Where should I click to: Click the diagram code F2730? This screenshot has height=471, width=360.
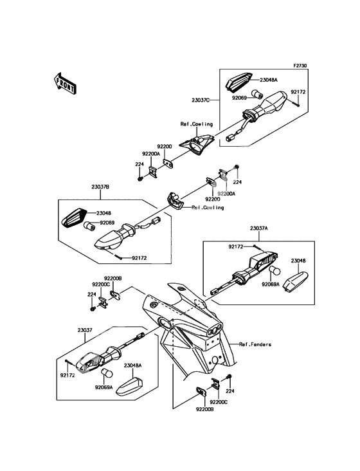pyautogui.click(x=300, y=65)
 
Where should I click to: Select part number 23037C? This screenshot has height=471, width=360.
pyautogui.click(x=201, y=100)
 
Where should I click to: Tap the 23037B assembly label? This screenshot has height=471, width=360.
pyautogui.click(x=100, y=187)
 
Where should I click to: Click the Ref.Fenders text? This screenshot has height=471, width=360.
pyautogui.click(x=255, y=344)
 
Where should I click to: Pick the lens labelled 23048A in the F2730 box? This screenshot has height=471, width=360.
pyautogui.click(x=239, y=81)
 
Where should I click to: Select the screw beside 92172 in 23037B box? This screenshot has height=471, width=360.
pyautogui.click(x=118, y=257)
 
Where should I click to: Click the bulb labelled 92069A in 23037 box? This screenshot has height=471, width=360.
pyautogui.click(x=107, y=373)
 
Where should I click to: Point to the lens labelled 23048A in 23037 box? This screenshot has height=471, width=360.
pyautogui.click(x=129, y=387)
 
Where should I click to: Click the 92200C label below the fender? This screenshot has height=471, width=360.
pyautogui.click(x=219, y=402)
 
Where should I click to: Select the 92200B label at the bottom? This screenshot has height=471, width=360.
pyautogui.click(x=204, y=409)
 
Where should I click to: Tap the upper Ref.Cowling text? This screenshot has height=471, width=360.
pyautogui.click(x=197, y=124)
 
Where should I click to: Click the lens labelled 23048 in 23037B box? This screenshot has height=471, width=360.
pyautogui.click(x=74, y=218)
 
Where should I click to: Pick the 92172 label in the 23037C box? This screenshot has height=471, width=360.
pyautogui.click(x=298, y=92)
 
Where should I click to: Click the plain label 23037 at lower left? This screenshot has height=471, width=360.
pyautogui.click(x=85, y=330)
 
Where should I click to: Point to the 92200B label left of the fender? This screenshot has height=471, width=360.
pyautogui.click(x=113, y=279)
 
